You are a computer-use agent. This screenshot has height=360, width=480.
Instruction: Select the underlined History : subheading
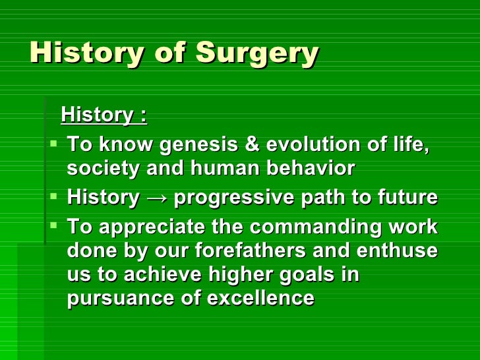click(104, 116)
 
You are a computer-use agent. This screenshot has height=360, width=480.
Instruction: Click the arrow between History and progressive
click(156, 198)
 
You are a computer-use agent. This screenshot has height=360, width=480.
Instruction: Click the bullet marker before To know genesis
click(55, 143)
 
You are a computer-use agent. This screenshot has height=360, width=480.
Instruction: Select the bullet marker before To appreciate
click(55, 225)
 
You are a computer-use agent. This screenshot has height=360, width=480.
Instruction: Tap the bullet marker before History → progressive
click(55, 196)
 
